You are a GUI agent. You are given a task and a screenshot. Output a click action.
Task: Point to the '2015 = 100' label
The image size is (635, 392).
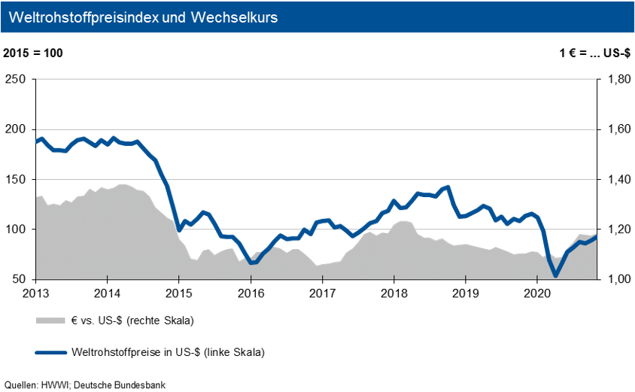pyautogui.click(x=34, y=53)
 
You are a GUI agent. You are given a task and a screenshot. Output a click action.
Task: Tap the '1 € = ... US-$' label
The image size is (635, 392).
pyautogui.click(x=593, y=53)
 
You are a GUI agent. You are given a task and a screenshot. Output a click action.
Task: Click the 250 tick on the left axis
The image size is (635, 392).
pyautogui.click(x=16, y=80)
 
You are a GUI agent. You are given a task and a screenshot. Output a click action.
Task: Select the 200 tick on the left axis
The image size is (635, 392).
pyautogui.click(x=16, y=129)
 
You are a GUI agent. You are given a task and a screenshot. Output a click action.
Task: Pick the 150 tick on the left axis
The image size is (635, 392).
pyautogui.click(x=16, y=179)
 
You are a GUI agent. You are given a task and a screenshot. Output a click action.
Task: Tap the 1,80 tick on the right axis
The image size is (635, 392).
pyautogui.click(x=615, y=80)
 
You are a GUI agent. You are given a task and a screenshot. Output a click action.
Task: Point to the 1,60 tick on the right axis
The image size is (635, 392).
pyautogui.click(x=615, y=129)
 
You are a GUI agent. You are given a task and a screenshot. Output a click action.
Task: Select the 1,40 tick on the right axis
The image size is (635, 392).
pyautogui.click(x=615, y=179)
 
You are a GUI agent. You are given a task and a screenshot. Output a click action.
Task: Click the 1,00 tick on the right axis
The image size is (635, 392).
pyautogui.click(x=615, y=279)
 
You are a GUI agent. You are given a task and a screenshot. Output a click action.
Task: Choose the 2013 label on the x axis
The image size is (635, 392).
pyautogui.click(x=35, y=293)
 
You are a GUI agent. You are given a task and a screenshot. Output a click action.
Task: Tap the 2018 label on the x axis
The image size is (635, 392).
pyautogui.click(x=393, y=293)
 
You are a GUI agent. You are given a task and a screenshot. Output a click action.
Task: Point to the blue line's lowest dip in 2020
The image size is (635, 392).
pyautogui.click(x=556, y=276)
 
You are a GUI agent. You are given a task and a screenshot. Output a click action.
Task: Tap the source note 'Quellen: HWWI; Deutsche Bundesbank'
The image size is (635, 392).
pyautogui.click(x=84, y=384)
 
